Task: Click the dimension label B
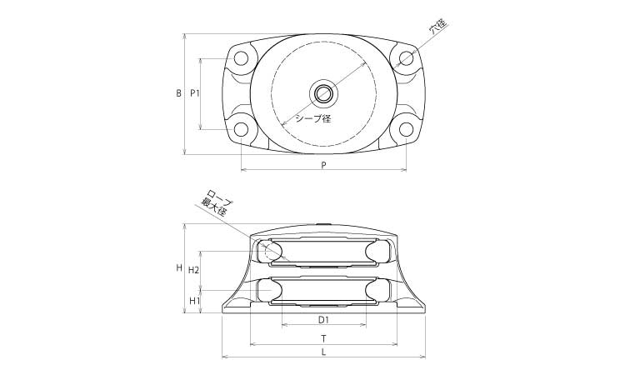point(179,93)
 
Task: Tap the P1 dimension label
point(194,93)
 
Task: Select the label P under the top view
point(323,165)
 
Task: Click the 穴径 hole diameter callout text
point(438,26)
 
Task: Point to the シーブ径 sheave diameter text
point(312,118)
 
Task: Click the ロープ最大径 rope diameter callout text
point(216,202)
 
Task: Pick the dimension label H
point(179,267)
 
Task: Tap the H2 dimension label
point(193,270)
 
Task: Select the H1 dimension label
point(194,301)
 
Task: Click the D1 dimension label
point(323,319)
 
